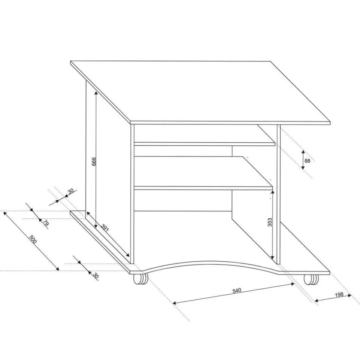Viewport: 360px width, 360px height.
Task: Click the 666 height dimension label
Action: [94, 161]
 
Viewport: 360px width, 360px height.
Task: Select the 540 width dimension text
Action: [237, 290]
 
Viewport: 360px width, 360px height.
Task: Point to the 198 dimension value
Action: [339, 295]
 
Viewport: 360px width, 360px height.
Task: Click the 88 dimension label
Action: [307, 161]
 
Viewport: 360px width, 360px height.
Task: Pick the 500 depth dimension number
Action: [33, 239]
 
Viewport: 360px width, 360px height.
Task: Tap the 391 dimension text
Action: [105, 227]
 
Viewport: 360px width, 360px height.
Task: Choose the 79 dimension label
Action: [46, 223]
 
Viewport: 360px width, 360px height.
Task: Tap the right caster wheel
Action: [311, 280]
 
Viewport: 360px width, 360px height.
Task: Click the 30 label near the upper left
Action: [70, 191]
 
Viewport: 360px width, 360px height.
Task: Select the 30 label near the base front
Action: [95, 275]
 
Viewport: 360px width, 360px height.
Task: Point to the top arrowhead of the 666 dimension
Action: [96, 92]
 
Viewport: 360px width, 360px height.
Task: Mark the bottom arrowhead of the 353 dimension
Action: [273, 258]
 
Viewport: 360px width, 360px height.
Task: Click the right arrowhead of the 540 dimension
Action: [293, 284]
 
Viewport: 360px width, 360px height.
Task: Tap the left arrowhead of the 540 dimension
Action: [174, 303]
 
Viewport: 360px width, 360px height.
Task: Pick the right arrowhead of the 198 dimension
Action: [350, 296]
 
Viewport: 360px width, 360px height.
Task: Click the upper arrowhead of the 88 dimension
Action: [303, 152]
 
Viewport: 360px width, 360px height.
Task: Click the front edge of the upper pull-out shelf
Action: [205, 144]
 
